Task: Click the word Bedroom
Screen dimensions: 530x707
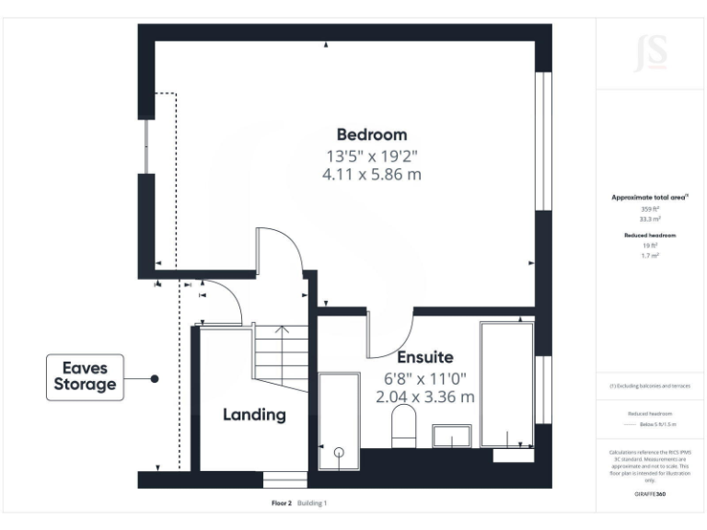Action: (371, 134)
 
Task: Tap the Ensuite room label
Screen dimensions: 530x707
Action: (424, 357)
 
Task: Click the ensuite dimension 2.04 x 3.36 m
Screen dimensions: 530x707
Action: (424, 397)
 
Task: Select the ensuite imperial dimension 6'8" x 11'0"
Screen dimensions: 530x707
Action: (424, 377)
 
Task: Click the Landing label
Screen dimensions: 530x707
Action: (254, 415)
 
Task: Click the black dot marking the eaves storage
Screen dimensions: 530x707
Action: (155, 378)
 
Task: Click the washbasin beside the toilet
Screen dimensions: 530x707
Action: (452, 435)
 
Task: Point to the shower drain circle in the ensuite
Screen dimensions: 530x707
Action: (339, 452)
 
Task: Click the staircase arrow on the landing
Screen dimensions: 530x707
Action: (281, 329)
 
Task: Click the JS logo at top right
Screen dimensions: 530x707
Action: (650, 53)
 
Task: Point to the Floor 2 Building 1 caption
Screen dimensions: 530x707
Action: (299, 503)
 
